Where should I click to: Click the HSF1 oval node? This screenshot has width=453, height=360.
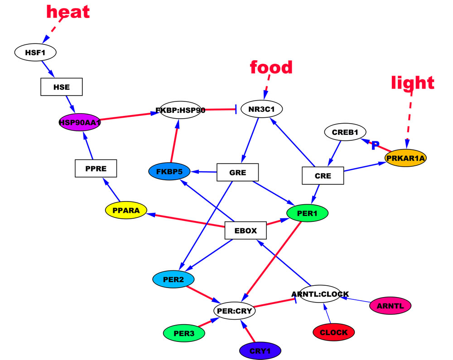pyautogui.click(x=35, y=53)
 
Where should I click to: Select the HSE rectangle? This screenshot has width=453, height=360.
pyautogui.click(x=62, y=87)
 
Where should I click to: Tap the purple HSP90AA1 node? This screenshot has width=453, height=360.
pyautogui.click(x=80, y=122)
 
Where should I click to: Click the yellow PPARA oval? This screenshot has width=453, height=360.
pyautogui.click(x=126, y=210)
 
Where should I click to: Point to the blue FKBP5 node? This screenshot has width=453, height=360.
pyautogui.click(x=169, y=172)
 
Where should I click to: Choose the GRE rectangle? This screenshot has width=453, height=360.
pyautogui.click(x=237, y=172)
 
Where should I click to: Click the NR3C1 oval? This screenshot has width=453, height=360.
pyautogui.click(x=262, y=109)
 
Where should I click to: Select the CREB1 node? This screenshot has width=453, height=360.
pyautogui.click(x=345, y=133)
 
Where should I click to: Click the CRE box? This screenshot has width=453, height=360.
pyautogui.click(x=323, y=176)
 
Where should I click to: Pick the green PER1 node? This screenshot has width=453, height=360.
pyautogui.click(x=307, y=213)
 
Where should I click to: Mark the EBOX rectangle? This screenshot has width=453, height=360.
pyautogui.click(x=246, y=230)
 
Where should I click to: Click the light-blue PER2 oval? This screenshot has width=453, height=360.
pyautogui.click(x=173, y=279)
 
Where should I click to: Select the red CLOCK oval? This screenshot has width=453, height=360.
pyautogui.click(x=333, y=332)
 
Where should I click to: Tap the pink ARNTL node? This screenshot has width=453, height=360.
pyautogui.click(x=390, y=306)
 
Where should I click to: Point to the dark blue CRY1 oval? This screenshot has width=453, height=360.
pyautogui.click(x=260, y=350)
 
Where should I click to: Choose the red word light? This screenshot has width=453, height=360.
pyautogui.click(x=413, y=82)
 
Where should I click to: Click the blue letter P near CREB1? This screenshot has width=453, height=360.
pyautogui.click(x=375, y=145)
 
